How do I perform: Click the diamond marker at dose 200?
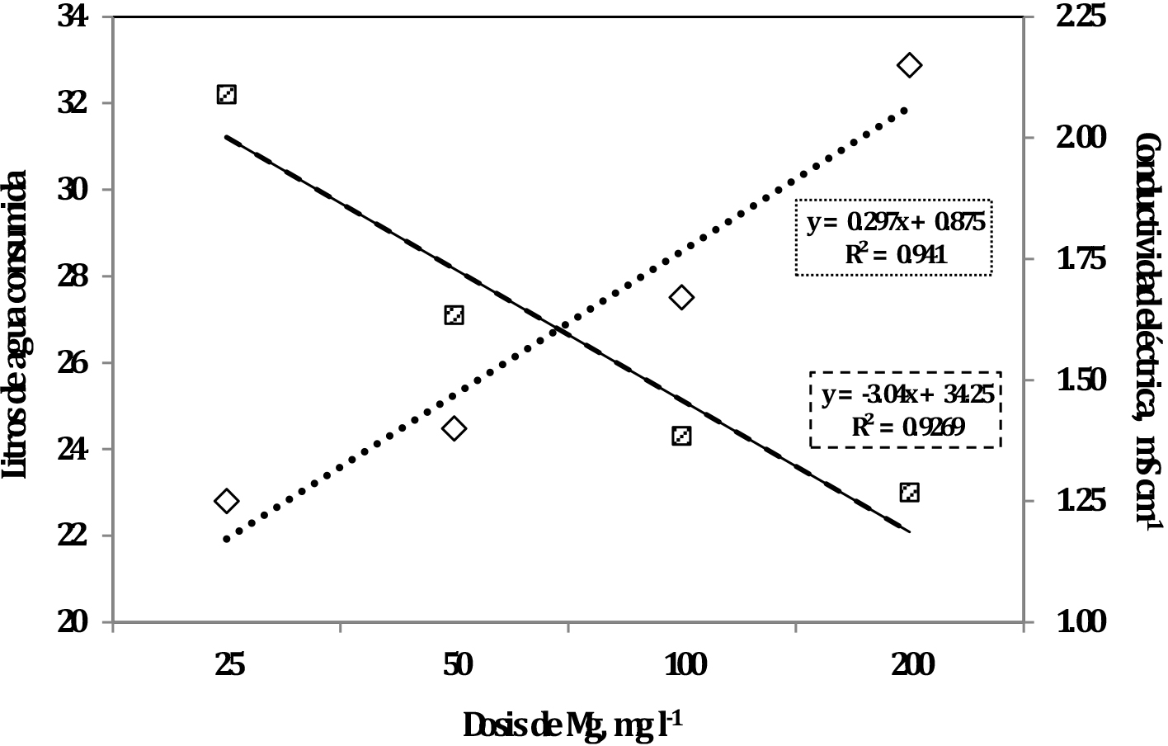point(909,65)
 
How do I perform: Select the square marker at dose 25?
point(227,94)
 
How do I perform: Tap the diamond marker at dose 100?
point(681,298)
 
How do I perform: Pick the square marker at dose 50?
point(454,314)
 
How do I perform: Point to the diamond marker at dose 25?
point(227,501)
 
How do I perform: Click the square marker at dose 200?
point(909,493)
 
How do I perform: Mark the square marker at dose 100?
point(681,436)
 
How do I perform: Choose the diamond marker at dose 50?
point(454,428)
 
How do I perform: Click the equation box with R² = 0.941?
point(893,238)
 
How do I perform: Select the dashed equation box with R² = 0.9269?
point(906,409)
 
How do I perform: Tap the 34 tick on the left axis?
point(76,17)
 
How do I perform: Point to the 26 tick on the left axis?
point(76,363)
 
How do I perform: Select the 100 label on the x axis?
point(685,664)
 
